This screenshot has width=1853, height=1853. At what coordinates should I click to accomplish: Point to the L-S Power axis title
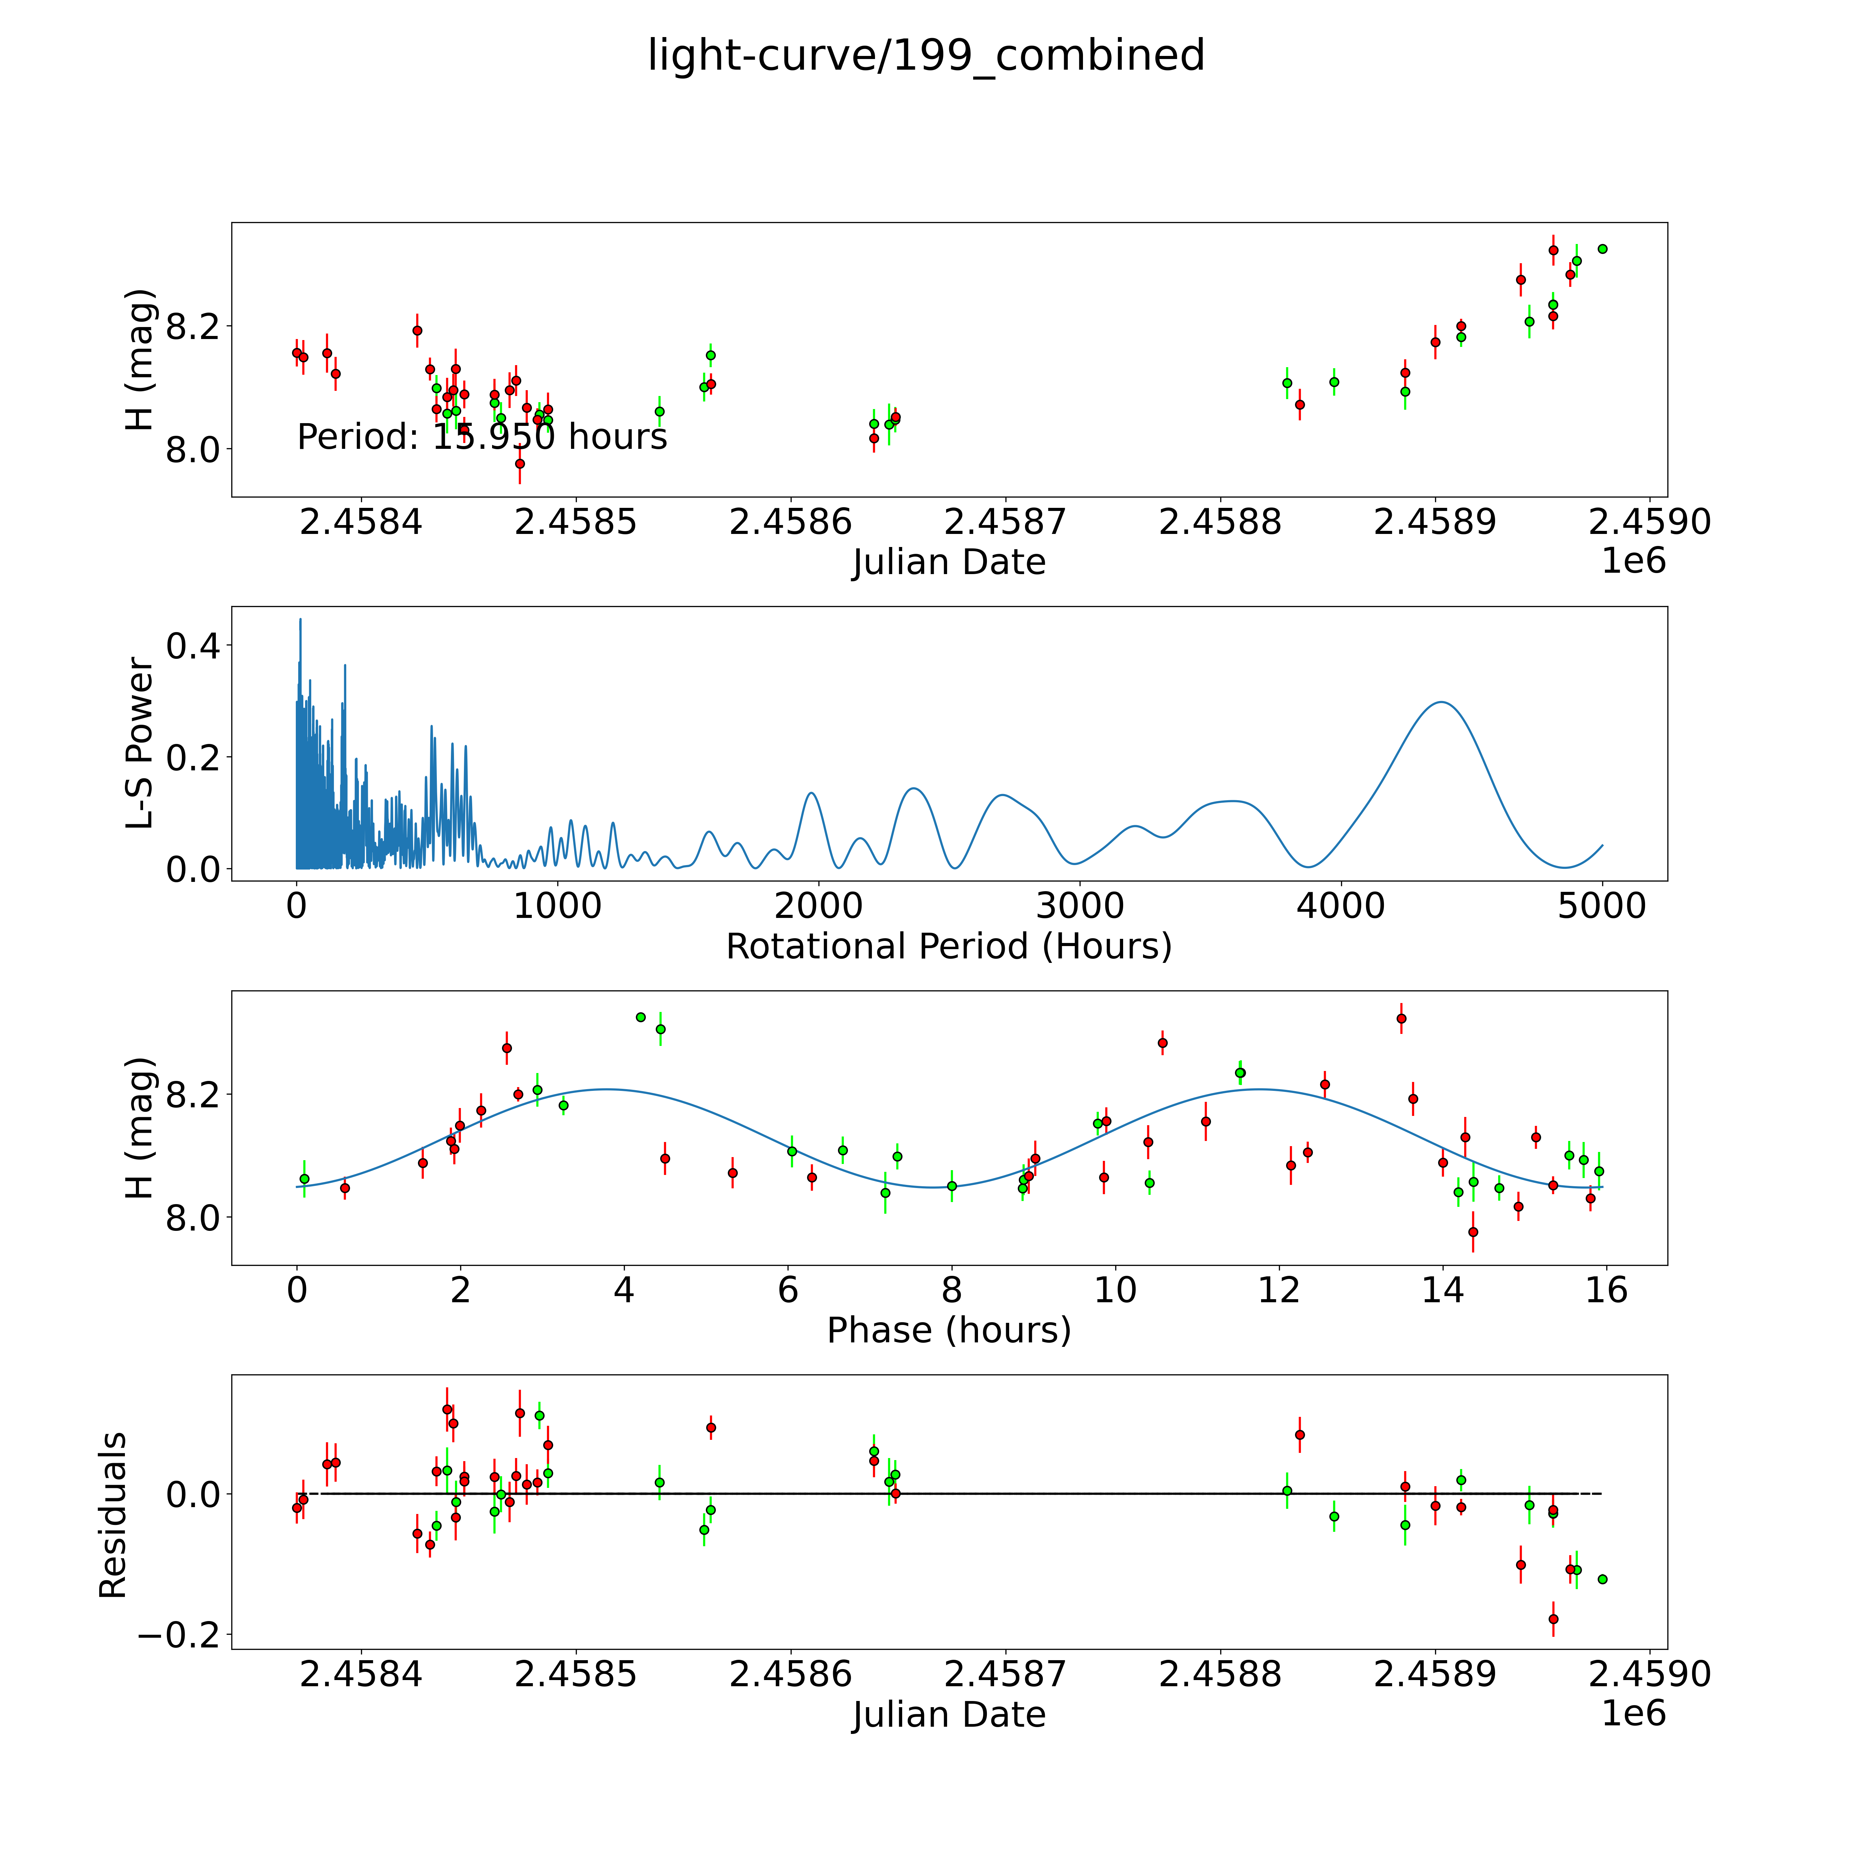coord(140,743)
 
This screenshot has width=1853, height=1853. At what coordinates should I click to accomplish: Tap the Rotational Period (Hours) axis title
coord(948,947)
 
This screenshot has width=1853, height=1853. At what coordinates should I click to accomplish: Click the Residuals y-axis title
coord(113,1515)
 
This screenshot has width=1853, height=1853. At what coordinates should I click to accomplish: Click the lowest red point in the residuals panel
coord(1553,1619)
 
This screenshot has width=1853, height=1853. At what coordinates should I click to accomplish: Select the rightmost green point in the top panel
coord(1602,248)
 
